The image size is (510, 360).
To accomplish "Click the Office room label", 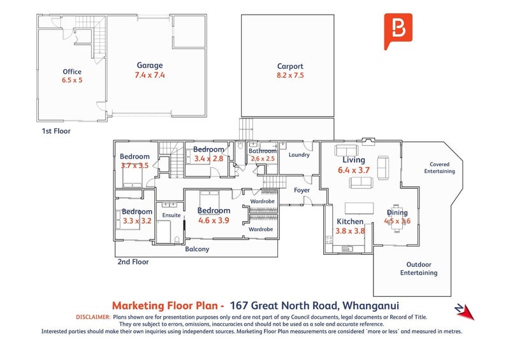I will click(x=72, y=72).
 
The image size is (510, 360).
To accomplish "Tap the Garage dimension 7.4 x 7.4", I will click(x=150, y=75).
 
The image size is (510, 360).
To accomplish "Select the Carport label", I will click(x=290, y=66).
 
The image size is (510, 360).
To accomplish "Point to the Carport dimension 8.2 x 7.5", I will click(x=290, y=75).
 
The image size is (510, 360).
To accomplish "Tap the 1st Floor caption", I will click(x=56, y=131).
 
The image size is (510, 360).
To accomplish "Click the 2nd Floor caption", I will click(x=133, y=262).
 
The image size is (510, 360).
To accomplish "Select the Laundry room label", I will click(x=299, y=155).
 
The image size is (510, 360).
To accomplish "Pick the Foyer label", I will click(x=302, y=190).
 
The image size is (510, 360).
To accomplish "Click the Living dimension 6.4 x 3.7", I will click(x=354, y=170).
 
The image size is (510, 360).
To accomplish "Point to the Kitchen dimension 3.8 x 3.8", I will click(x=350, y=231).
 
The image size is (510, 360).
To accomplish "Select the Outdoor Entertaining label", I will click(x=419, y=268).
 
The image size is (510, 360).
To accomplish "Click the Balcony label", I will click(x=196, y=249).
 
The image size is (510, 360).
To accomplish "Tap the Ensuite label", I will click(x=171, y=215).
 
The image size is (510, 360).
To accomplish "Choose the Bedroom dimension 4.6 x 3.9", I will click(x=214, y=220).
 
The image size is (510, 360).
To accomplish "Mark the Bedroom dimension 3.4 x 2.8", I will click(x=209, y=159).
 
